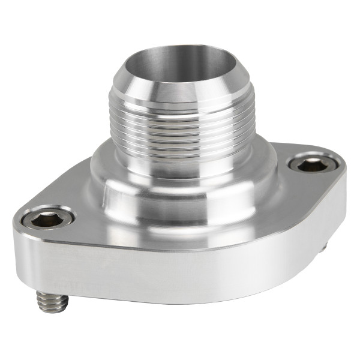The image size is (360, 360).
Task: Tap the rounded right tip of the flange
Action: coord(342,180)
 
